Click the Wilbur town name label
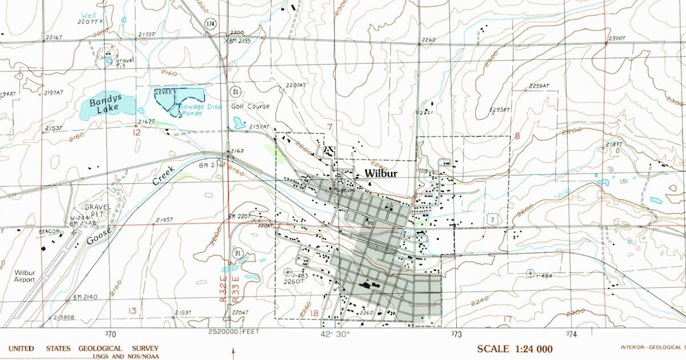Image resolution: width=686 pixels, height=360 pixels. (381, 173)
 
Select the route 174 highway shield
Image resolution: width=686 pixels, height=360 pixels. (212, 23)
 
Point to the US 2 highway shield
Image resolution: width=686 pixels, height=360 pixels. (492, 219)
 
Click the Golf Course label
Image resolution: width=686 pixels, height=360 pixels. (250, 106)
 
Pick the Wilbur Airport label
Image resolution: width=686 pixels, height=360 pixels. (25, 277)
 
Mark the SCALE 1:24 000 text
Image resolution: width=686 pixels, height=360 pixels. (515, 349)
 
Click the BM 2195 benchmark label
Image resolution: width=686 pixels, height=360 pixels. (240, 41)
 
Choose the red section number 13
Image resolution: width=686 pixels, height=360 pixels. (133, 311)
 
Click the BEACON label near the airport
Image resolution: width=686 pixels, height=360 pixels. (50, 231)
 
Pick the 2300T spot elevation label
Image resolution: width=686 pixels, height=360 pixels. (617, 38)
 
